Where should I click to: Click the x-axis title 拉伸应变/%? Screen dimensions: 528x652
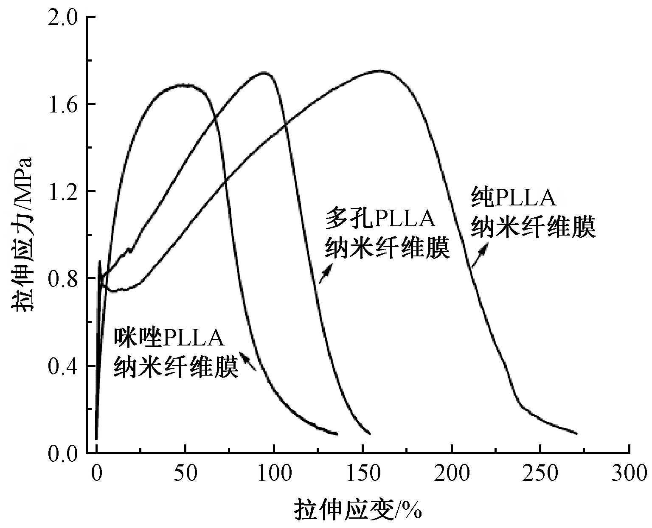pyautogui.click(x=358, y=509)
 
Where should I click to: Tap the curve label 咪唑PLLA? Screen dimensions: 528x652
pyautogui.click(x=169, y=339)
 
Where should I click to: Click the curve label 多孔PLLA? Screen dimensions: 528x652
pyautogui.click(x=380, y=219)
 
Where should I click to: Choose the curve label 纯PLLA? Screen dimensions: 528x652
pyautogui.click(x=513, y=197)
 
